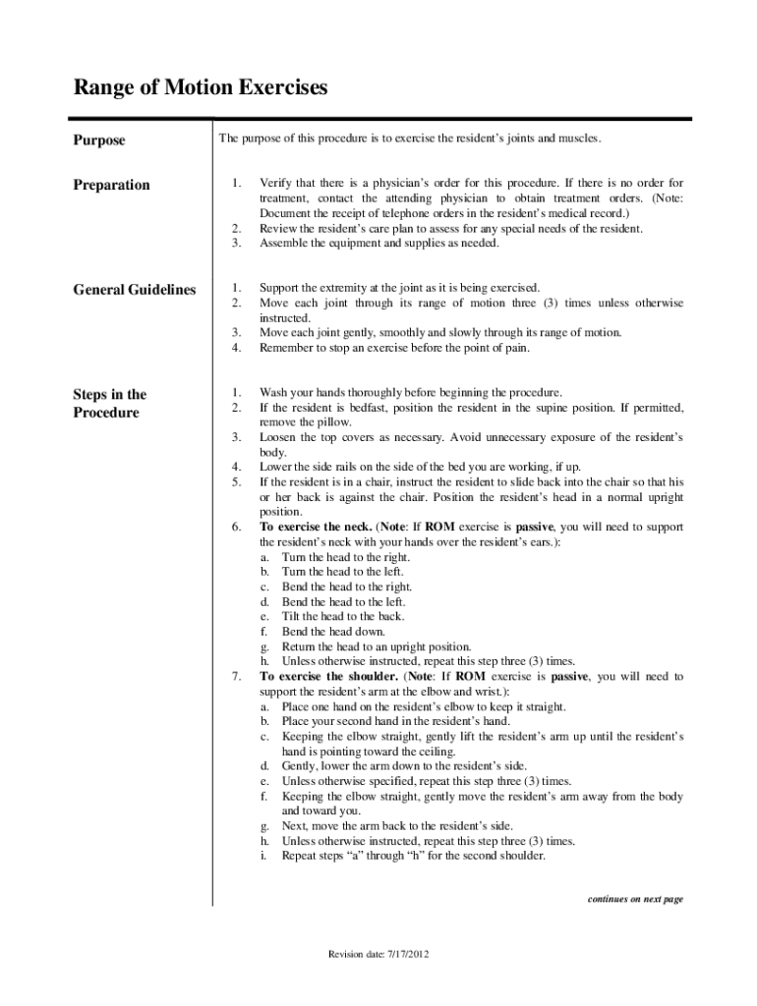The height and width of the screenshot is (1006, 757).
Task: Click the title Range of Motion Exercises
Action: coord(201,89)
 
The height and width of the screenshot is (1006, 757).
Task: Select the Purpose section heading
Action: coord(99,140)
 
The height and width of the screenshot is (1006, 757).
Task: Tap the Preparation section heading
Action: coord(112,185)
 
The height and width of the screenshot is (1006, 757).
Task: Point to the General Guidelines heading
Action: coord(135,290)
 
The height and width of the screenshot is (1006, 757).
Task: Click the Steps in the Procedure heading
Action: coord(109,403)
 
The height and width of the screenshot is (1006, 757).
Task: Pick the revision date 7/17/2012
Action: coord(378,954)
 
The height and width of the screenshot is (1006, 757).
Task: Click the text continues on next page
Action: coord(634,899)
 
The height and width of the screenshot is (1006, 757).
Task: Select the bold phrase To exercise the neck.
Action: coord(316,527)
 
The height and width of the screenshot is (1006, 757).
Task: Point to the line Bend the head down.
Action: coord(333,632)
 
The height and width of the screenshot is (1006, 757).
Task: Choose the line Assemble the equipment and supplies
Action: coord(378,243)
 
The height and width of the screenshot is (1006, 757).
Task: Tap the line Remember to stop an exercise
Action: coord(394,348)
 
